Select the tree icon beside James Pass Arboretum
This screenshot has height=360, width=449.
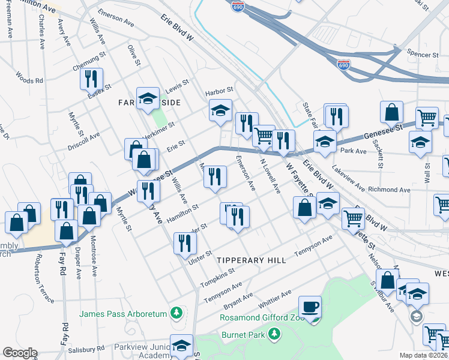176,313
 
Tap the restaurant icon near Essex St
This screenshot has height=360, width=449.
91,79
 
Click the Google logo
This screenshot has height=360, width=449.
20,353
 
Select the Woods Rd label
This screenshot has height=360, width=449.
29,79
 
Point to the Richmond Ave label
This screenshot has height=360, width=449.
389,190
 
